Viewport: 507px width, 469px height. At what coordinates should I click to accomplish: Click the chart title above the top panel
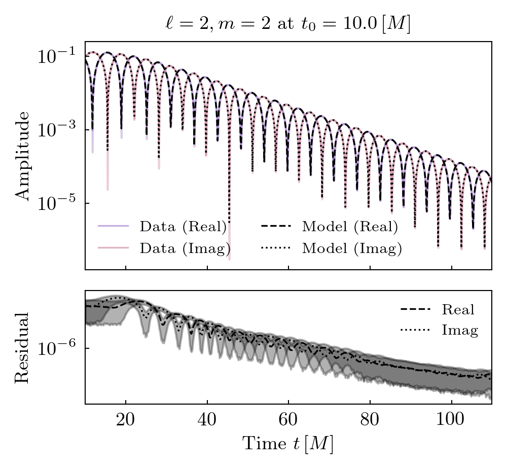[x=287, y=24]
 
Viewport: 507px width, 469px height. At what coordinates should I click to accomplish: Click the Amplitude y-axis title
[x=23, y=155]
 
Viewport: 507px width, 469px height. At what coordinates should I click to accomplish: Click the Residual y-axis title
[x=23, y=347]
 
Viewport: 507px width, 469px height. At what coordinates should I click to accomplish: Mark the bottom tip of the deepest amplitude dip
[x=230, y=259]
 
